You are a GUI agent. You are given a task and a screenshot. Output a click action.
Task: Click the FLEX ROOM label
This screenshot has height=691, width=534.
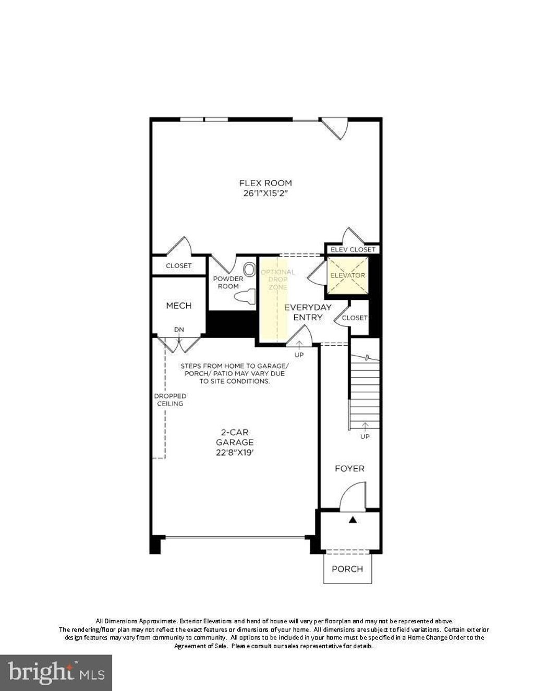(x=265, y=183)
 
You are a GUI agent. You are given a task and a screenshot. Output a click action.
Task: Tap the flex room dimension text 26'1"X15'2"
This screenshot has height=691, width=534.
(x=265, y=193)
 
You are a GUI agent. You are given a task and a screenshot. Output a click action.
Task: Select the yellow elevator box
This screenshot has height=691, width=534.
(x=348, y=275)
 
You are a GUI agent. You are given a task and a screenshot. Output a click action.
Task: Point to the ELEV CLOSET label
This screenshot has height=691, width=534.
(x=353, y=250)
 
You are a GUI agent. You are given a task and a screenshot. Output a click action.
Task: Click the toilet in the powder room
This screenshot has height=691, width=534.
(x=245, y=295)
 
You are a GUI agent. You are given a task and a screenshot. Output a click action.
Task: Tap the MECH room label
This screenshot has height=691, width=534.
(x=179, y=306)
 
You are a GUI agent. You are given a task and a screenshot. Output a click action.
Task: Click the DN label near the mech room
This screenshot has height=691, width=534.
(x=179, y=330)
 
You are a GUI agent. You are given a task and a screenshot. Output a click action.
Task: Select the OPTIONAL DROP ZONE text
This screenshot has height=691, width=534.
(x=278, y=280)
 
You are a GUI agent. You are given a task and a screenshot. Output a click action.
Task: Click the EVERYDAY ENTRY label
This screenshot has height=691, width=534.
(x=308, y=312)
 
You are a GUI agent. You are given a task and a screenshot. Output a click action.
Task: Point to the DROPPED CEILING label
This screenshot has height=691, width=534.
(x=170, y=399)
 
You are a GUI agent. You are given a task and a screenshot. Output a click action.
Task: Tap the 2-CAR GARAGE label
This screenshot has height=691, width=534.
(x=235, y=437)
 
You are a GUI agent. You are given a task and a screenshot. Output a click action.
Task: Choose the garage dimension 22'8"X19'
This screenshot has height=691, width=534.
(x=235, y=453)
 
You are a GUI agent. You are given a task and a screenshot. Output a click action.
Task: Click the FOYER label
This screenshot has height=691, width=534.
(x=349, y=468)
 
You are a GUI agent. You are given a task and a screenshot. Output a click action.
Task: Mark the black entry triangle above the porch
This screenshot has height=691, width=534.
(x=352, y=520)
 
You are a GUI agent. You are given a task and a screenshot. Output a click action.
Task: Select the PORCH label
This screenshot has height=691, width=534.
(x=347, y=569)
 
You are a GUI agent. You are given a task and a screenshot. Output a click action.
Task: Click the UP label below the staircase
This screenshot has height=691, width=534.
(x=365, y=437)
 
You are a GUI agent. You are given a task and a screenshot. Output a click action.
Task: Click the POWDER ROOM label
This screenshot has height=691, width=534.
(x=228, y=282)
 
